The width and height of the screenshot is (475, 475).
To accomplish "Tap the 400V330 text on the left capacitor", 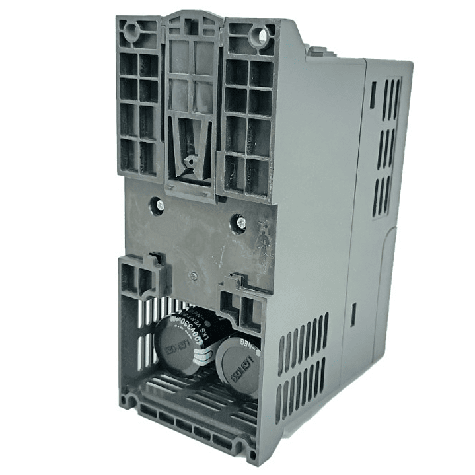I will tap(196, 328).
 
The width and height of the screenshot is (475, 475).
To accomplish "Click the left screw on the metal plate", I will tap(159, 205).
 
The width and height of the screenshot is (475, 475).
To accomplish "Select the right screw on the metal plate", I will tap(241, 223).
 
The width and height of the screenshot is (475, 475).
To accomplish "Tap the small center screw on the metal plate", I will tap(193, 277).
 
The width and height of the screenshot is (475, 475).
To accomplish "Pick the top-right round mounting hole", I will tap(268, 34).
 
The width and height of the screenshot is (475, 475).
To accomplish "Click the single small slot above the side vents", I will tap(373, 94).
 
